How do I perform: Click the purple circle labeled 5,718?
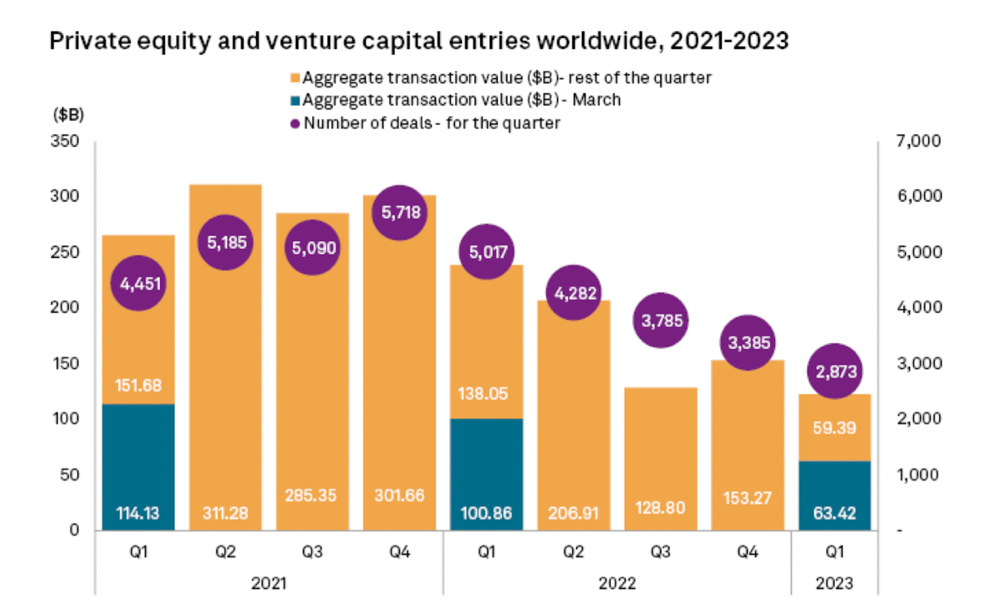tap(400, 212)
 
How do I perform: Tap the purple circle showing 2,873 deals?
tap(836, 372)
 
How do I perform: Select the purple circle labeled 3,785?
tap(661, 321)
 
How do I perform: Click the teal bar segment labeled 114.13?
tap(139, 467)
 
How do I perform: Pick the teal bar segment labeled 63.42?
tap(834, 495)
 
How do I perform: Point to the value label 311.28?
tap(225, 513)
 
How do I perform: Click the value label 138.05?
tap(483, 394)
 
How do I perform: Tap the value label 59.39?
tap(834, 427)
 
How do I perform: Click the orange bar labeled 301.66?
tap(400, 372)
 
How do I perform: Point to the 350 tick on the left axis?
tap(65, 141)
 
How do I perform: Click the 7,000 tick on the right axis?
tap(919, 141)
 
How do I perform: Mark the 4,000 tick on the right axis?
tap(919, 307)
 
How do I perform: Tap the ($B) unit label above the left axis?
tap(68, 114)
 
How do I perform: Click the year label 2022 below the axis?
tap(617, 583)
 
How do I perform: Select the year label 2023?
tap(834, 583)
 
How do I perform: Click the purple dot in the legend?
tap(295, 124)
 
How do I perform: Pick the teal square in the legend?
tap(295, 101)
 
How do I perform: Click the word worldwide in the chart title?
tap(599, 41)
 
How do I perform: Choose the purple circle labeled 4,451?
tap(139, 283)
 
